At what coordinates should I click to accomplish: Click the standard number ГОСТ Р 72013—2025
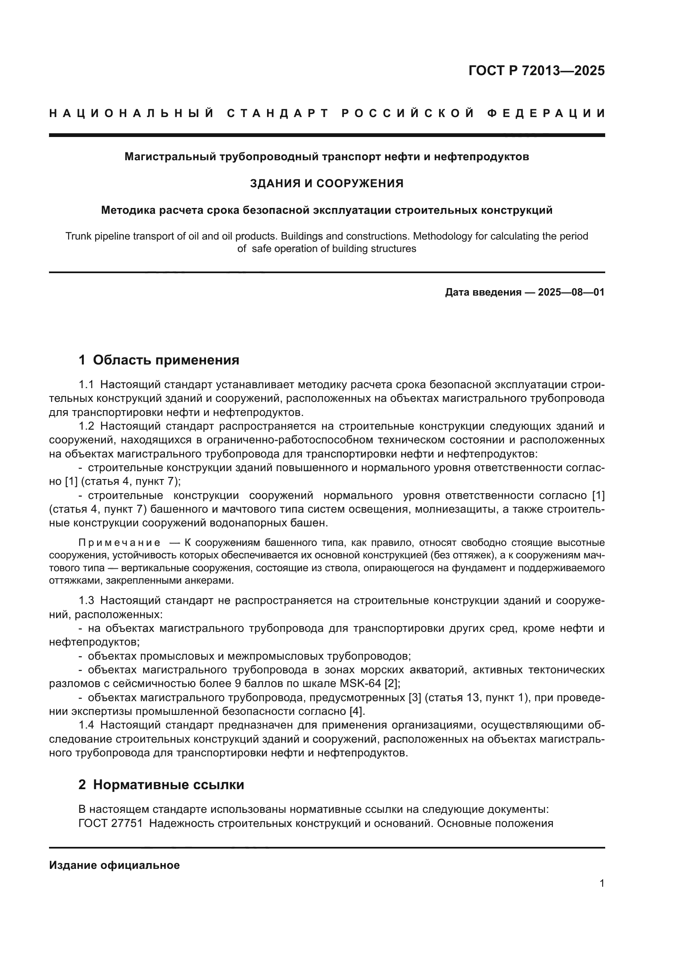(x=536, y=71)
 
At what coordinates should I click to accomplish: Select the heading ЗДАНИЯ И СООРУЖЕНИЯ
(x=326, y=183)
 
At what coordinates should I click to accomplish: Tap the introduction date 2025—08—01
(x=571, y=292)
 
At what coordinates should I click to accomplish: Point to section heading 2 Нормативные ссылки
(x=161, y=785)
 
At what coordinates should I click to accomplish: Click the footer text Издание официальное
(x=114, y=865)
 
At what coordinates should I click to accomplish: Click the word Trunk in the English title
(x=77, y=236)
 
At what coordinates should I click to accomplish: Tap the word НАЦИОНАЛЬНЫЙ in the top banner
(x=132, y=113)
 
